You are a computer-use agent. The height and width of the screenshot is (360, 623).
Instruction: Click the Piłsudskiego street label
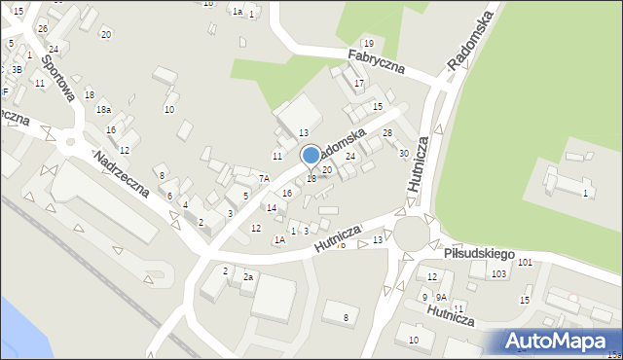pos(478,253)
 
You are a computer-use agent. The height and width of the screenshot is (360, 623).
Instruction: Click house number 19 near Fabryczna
pos(368,43)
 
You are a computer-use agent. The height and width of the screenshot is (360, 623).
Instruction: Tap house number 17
pos(358,83)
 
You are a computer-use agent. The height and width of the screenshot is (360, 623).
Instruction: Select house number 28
pos(387,132)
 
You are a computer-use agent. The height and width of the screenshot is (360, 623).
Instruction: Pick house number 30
pos(403,153)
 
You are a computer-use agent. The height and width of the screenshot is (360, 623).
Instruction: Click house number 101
pos(526,263)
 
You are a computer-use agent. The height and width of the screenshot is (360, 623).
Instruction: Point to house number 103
pos(498,274)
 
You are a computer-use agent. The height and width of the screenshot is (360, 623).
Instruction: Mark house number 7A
pos(264,178)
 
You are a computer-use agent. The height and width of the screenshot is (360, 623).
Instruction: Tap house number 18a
pos(103,110)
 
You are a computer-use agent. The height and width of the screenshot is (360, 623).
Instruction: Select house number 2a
pos(248,277)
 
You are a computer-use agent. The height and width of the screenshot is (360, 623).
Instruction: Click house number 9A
pos(441,297)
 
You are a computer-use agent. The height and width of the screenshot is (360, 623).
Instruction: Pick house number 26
pos(42,28)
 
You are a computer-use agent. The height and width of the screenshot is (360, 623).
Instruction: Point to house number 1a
pos(237,11)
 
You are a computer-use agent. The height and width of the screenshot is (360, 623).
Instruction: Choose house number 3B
pos(17,69)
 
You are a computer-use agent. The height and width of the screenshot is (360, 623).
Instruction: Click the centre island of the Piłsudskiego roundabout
pos(411,234)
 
